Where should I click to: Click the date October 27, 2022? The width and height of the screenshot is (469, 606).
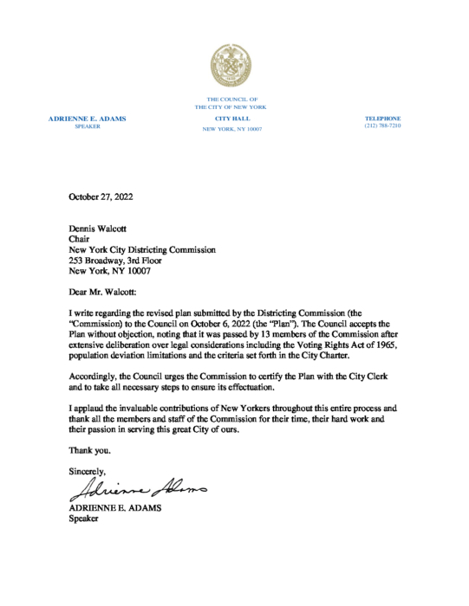coord(101,197)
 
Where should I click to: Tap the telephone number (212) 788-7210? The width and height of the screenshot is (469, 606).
coord(382,126)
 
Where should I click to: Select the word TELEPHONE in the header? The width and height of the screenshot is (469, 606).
coord(382,118)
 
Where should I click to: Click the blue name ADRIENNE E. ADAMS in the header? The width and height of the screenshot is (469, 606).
coord(88,118)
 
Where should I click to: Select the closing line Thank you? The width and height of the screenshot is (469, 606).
coord(89,450)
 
